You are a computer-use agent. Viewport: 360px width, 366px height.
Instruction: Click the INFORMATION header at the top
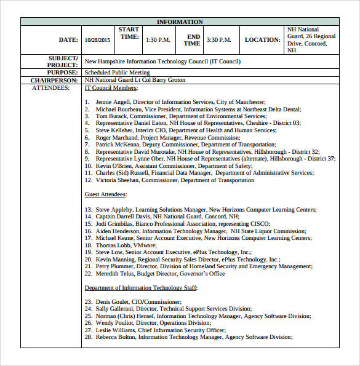tap(180, 22)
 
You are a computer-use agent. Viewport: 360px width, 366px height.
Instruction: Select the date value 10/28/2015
tap(97, 40)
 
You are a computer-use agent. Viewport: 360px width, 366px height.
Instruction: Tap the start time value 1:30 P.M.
tap(158, 40)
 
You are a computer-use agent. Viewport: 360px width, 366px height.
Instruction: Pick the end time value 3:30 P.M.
tap(218, 40)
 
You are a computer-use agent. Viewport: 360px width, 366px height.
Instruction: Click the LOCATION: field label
tap(262, 40)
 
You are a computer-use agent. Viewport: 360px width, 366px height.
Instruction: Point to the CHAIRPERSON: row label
tap(54, 80)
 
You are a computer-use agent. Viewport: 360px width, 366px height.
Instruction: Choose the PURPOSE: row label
tap(61, 73)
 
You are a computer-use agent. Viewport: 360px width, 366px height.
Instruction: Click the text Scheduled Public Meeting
tap(117, 73)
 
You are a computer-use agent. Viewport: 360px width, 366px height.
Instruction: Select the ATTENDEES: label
tap(50, 88)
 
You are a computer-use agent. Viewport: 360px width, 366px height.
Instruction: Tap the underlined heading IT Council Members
tap(111, 88)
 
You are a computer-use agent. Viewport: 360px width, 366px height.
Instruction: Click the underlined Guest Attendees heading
tap(105, 194)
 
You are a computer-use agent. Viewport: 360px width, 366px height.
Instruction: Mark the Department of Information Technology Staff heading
tap(140, 287)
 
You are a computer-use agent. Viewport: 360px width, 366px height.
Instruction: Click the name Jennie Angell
tap(113, 101)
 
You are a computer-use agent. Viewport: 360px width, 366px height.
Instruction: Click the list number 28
tap(88, 337)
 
